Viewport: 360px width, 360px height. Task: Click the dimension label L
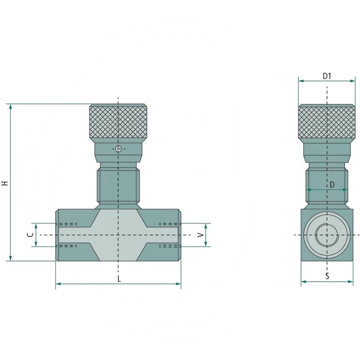(x=119, y=279)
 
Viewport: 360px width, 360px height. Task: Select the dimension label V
(x=201, y=234)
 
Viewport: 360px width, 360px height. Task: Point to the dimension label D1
(x=327, y=76)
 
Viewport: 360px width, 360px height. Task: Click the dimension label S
(x=327, y=276)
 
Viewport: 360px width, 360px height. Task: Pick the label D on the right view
(x=332, y=184)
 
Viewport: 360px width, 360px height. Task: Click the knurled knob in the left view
(x=118, y=122)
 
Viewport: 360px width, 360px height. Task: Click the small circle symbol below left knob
(x=118, y=149)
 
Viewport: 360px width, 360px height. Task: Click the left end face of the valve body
(x=57, y=234)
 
